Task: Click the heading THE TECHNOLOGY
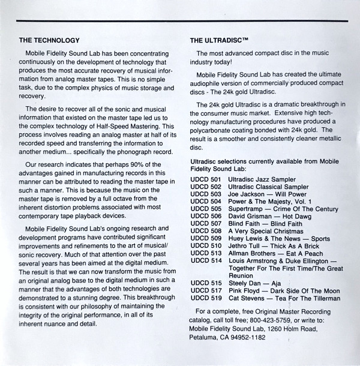(49, 41)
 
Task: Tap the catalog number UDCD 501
(206, 179)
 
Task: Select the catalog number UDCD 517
(206, 291)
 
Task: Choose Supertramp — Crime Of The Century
(278, 209)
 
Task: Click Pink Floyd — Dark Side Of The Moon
(280, 291)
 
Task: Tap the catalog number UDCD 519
(206, 298)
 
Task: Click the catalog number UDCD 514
(206, 260)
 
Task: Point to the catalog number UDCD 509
(206, 238)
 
